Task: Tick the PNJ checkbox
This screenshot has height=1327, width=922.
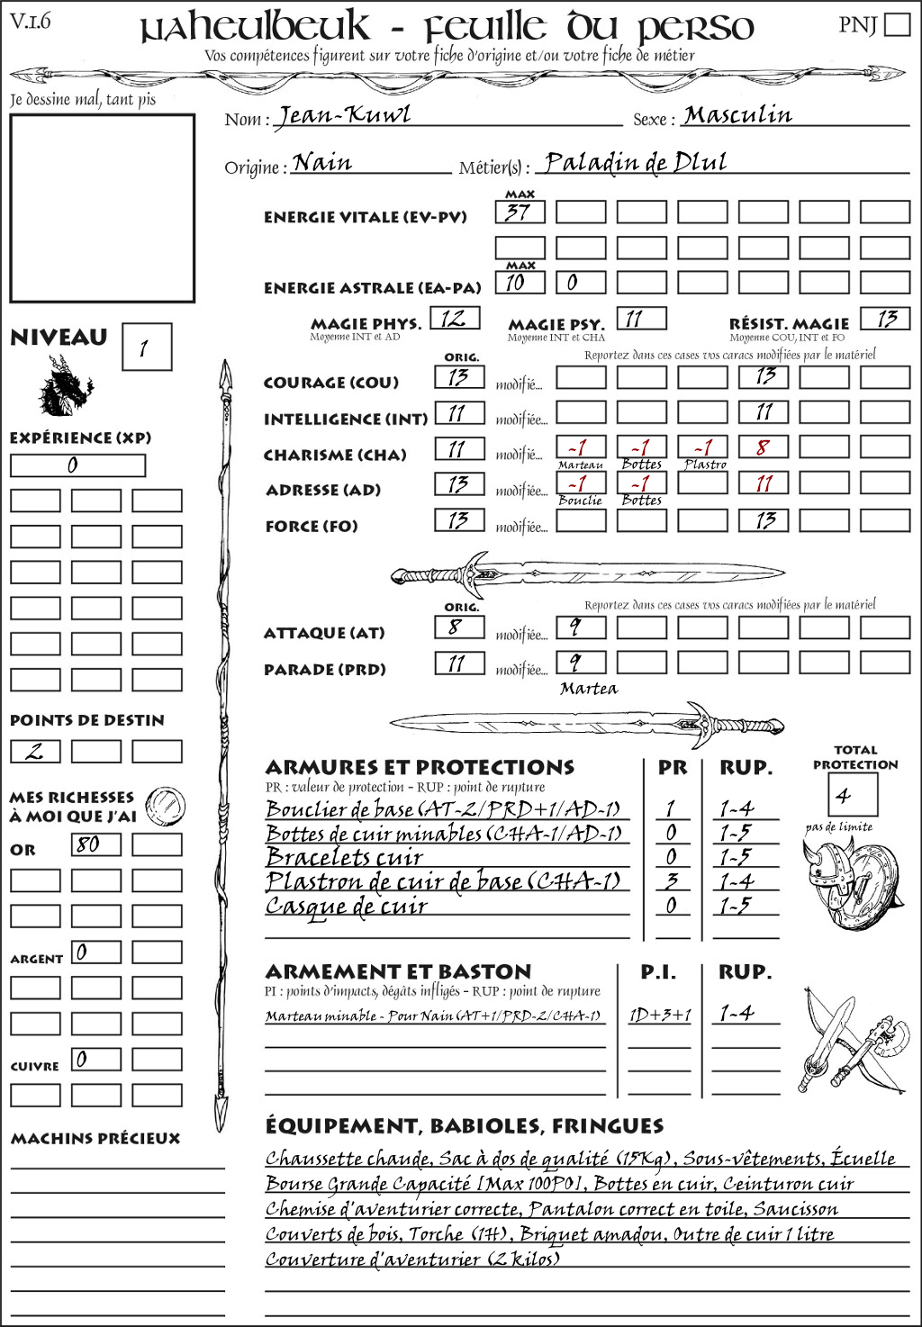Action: (897, 23)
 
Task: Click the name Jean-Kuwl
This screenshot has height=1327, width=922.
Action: (343, 115)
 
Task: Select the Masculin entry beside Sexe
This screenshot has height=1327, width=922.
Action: (737, 115)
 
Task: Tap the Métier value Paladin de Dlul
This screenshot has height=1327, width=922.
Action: (636, 163)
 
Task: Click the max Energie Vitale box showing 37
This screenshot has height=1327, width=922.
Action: (520, 212)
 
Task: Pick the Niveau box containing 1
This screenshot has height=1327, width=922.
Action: (146, 348)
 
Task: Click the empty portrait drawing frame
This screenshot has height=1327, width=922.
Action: (102, 209)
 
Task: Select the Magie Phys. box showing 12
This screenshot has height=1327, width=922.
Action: (455, 318)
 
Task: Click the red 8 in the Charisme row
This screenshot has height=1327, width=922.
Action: (764, 447)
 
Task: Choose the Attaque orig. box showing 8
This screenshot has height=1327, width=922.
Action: (458, 627)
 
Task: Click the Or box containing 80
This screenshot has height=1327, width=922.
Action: (96, 844)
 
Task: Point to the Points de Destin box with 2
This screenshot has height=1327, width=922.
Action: (35, 751)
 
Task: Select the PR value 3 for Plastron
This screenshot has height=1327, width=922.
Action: (671, 881)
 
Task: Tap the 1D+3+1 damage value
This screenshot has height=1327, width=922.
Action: (660, 1015)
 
